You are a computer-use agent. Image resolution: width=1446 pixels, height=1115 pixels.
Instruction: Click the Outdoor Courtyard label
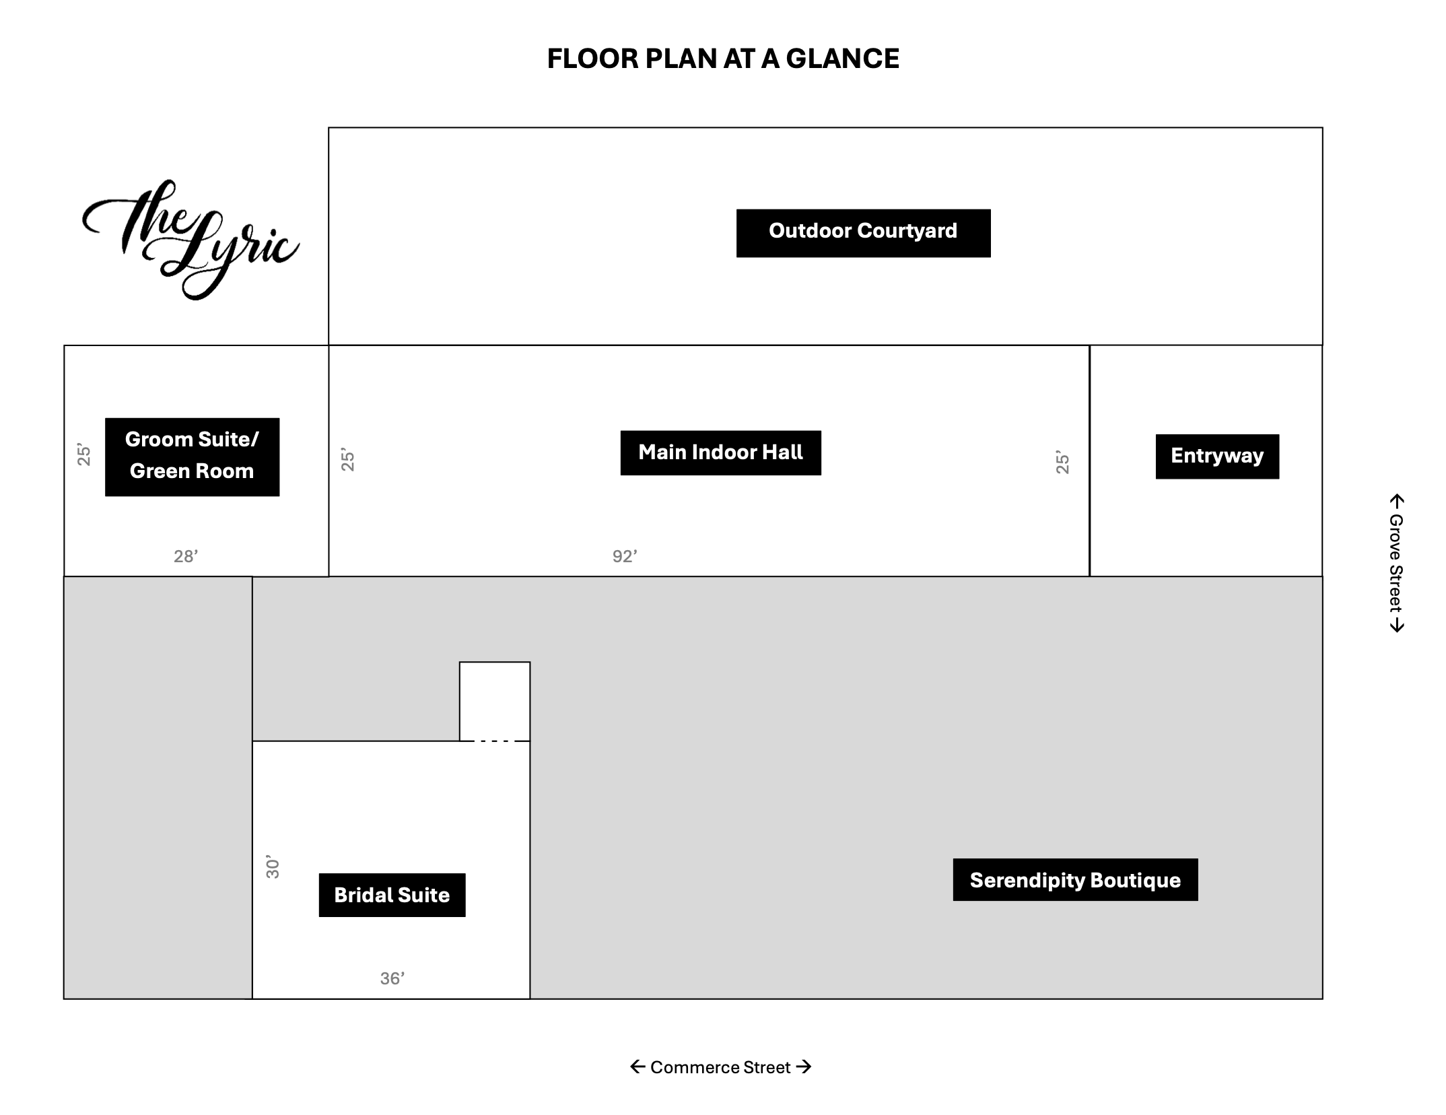pyautogui.click(x=863, y=233)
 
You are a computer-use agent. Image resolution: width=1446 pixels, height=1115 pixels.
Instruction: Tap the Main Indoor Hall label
pyautogui.click(x=720, y=452)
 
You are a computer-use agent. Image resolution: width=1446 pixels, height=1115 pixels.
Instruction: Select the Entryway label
pyautogui.click(x=1217, y=457)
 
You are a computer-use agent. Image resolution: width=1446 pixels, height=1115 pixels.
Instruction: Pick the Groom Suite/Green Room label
pyautogui.click(x=192, y=457)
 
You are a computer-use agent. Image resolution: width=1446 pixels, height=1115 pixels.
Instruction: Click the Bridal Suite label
pyautogui.click(x=392, y=895)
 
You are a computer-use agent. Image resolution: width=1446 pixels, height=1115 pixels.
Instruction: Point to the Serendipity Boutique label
pyautogui.click(x=1075, y=879)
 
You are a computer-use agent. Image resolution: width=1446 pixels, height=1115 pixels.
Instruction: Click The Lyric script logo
pyautogui.click(x=190, y=239)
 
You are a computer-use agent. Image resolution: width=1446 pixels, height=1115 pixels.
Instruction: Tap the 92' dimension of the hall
pyautogui.click(x=625, y=556)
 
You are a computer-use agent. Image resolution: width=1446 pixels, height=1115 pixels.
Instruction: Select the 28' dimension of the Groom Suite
pyautogui.click(x=186, y=556)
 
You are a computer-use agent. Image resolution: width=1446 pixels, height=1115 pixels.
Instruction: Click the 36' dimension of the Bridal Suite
pyautogui.click(x=392, y=978)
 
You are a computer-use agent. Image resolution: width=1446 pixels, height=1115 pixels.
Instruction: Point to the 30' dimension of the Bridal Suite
pyautogui.click(x=272, y=867)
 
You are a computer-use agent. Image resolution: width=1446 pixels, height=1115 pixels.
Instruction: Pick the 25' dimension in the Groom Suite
pyautogui.click(x=83, y=454)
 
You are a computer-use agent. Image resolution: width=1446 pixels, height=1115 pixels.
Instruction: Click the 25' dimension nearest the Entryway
pyautogui.click(x=1062, y=462)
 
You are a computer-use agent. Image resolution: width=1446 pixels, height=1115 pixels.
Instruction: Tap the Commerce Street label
pyautogui.click(x=720, y=1067)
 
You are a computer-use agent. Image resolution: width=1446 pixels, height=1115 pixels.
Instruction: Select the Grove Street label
pyautogui.click(x=1396, y=563)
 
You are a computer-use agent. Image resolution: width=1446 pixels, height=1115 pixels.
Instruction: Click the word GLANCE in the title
pyautogui.click(x=842, y=59)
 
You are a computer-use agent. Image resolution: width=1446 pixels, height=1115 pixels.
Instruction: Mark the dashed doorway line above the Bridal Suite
pyautogui.click(x=494, y=741)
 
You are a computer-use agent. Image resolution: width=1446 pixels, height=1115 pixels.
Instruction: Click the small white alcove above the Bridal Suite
pyautogui.click(x=495, y=701)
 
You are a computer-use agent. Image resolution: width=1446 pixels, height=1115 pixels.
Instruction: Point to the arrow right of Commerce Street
pyautogui.click(x=803, y=1067)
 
